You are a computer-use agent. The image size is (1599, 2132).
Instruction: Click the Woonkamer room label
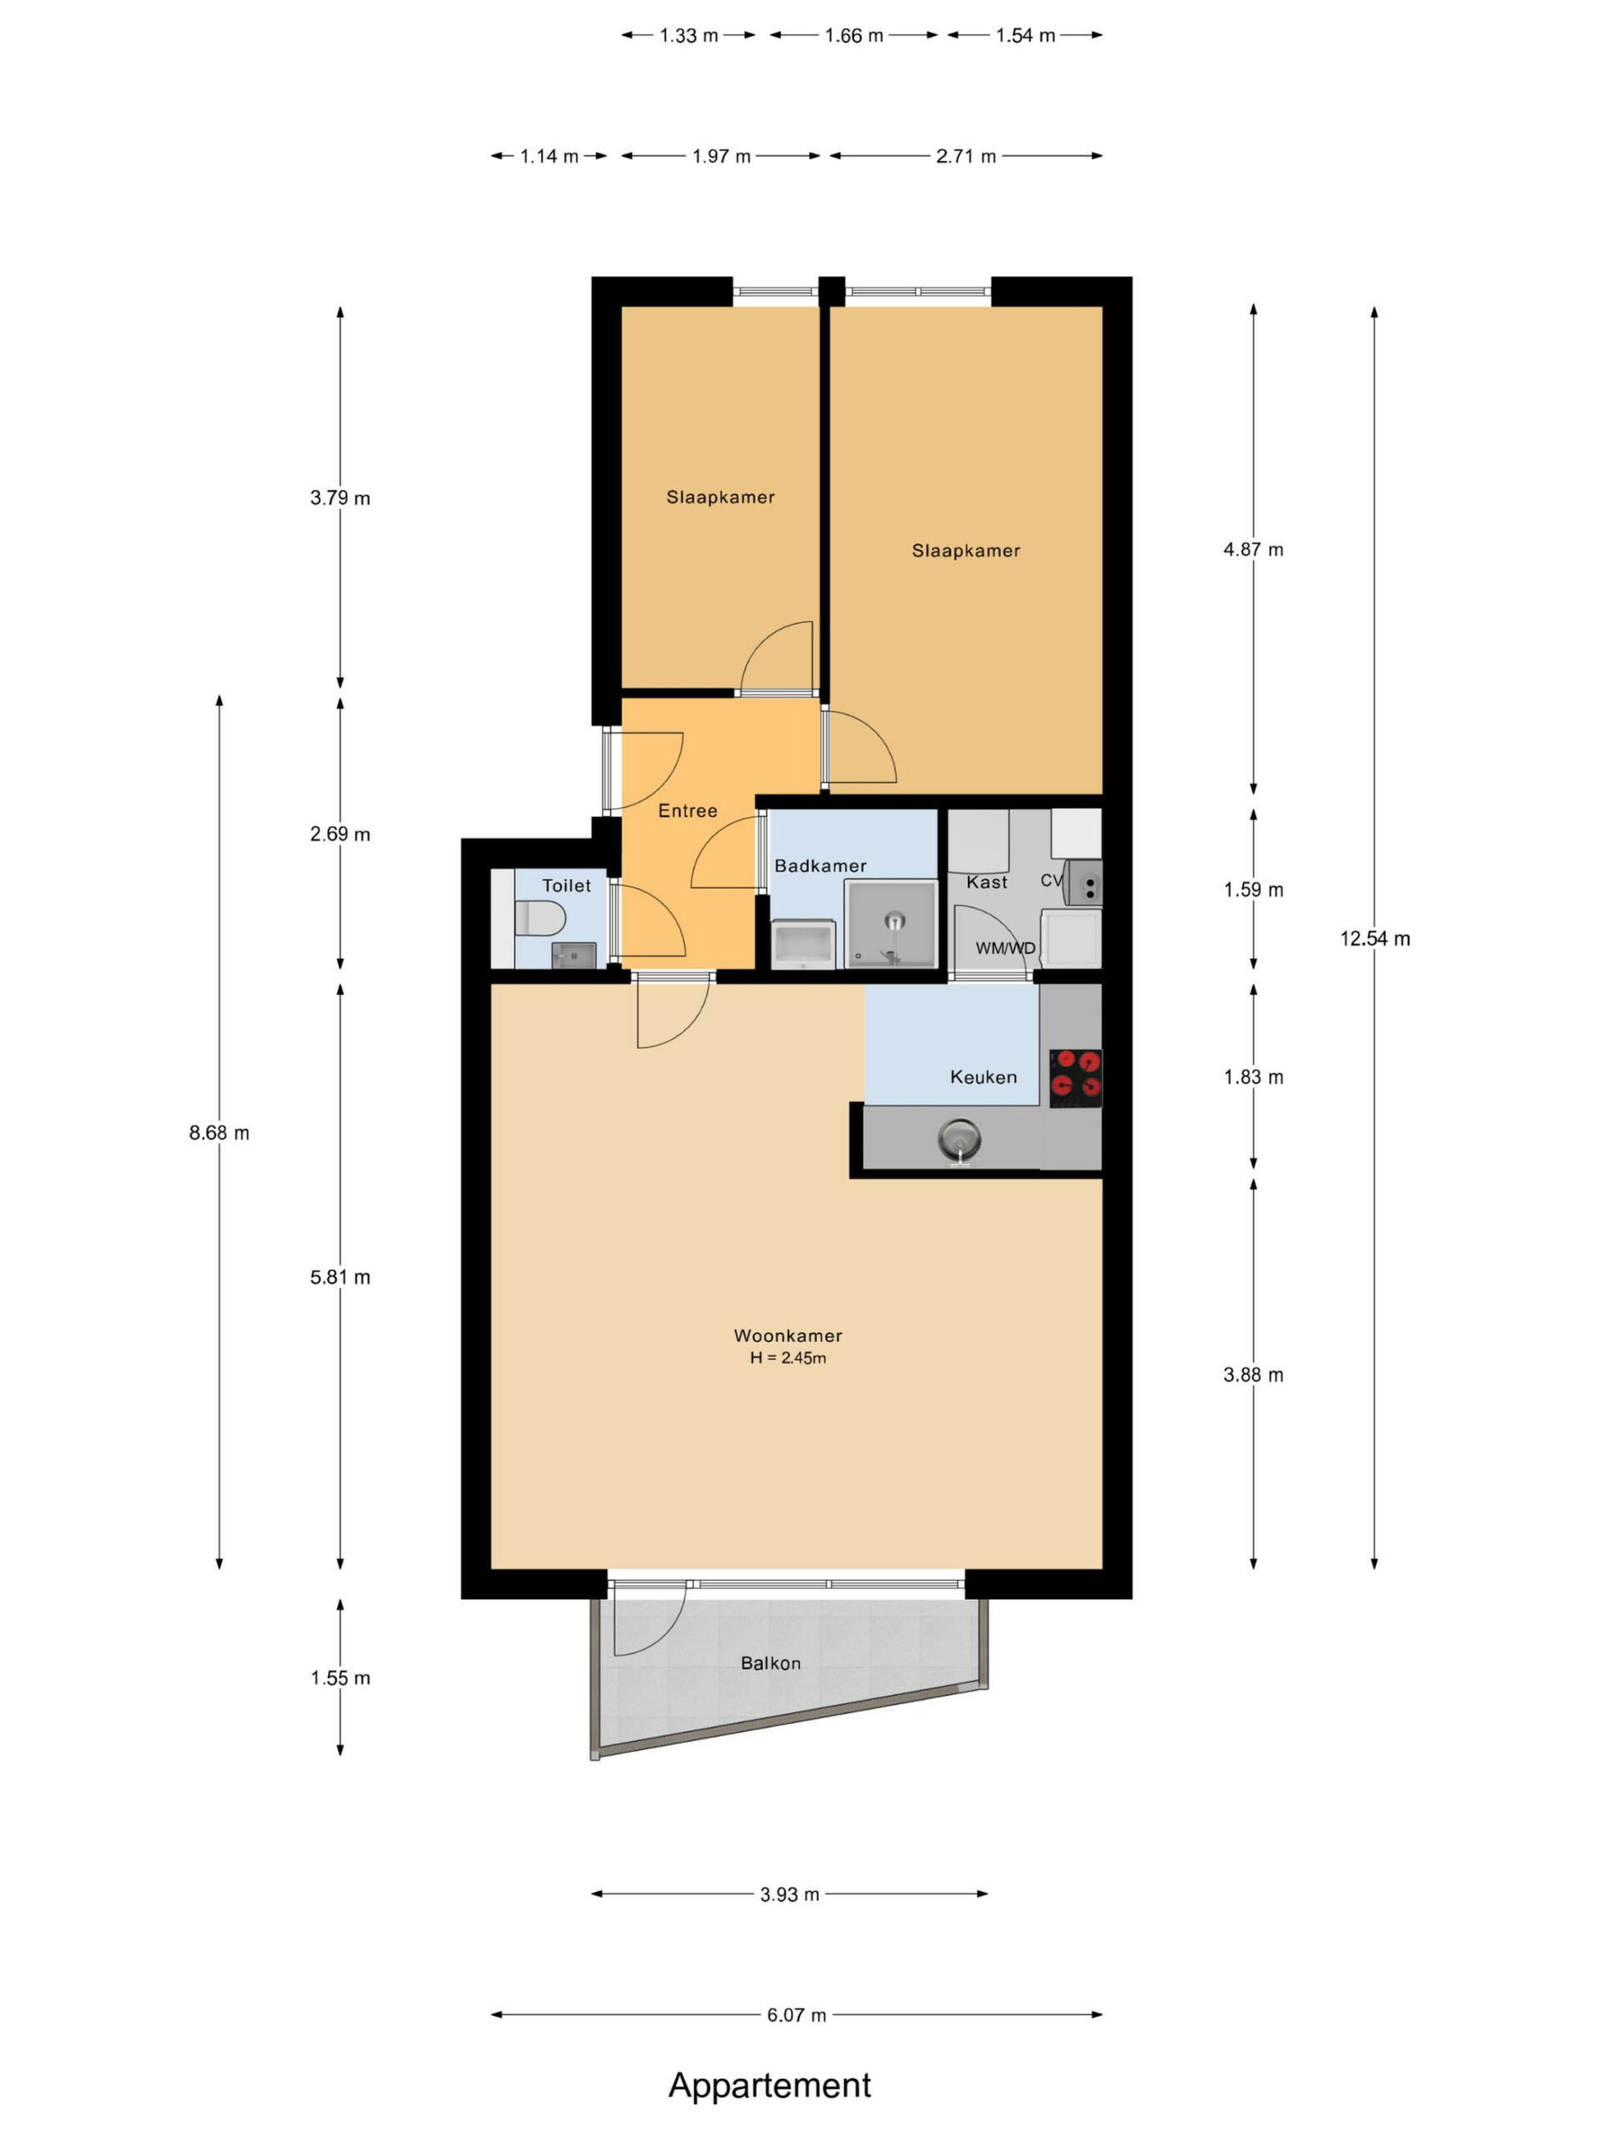coord(788,1335)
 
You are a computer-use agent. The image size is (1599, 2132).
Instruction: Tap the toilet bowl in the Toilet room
coord(539,917)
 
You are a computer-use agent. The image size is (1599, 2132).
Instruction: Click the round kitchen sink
coord(959,1138)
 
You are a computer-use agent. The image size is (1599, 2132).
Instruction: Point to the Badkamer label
coord(820,865)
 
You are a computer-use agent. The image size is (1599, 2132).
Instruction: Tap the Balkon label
coord(770,1662)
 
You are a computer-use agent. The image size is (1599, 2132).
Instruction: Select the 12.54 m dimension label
coord(1374,938)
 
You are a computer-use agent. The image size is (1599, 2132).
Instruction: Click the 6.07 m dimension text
coord(796,2015)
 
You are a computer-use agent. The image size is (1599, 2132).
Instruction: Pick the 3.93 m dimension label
coord(790,1894)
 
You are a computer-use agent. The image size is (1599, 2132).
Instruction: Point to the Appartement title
coord(770,2085)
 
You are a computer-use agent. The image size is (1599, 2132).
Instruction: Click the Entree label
coord(687,810)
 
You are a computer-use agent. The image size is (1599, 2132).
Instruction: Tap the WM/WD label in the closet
coord(1005,948)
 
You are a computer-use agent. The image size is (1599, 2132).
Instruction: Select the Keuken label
coord(983,1077)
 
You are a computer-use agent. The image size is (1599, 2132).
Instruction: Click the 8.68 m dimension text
coord(219,1133)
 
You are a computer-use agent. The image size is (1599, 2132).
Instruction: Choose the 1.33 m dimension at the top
coord(688,36)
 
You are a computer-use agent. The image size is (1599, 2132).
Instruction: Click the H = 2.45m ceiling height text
coord(788,1358)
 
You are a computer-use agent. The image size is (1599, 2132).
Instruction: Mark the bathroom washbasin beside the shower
coord(804,944)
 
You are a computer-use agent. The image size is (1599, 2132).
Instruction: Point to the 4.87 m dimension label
coord(1253,550)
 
